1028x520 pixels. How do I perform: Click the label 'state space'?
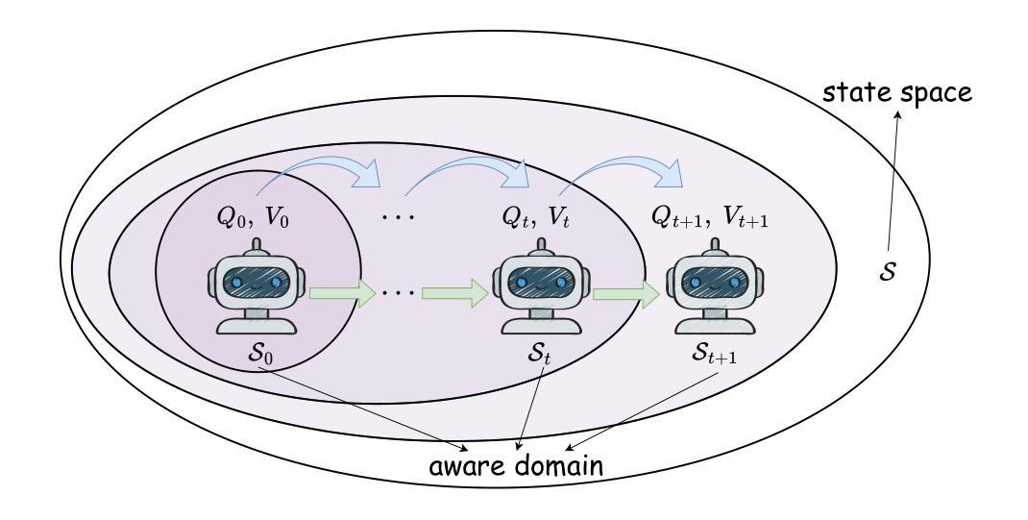(x=897, y=93)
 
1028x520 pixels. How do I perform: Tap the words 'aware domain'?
(x=516, y=466)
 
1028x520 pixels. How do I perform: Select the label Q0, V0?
(x=253, y=218)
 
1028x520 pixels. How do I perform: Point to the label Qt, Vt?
(x=536, y=218)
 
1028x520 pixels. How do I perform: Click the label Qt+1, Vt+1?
(x=710, y=218)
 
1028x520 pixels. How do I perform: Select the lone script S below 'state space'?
(x=887, y=272)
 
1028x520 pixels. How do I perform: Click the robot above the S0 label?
(x=257, y=286)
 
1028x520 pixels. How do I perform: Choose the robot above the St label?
(x=542, y=286)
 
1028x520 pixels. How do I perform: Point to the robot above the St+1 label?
(x=715, y=286)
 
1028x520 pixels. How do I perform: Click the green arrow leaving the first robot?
(x=341, y=293)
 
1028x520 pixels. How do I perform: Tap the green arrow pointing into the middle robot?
(x=455, y=293)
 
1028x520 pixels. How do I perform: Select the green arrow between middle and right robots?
(x=626, y=293)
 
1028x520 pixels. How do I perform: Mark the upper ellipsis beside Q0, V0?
(x=399, y=216)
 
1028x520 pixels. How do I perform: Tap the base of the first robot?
(x=257, y=326)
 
